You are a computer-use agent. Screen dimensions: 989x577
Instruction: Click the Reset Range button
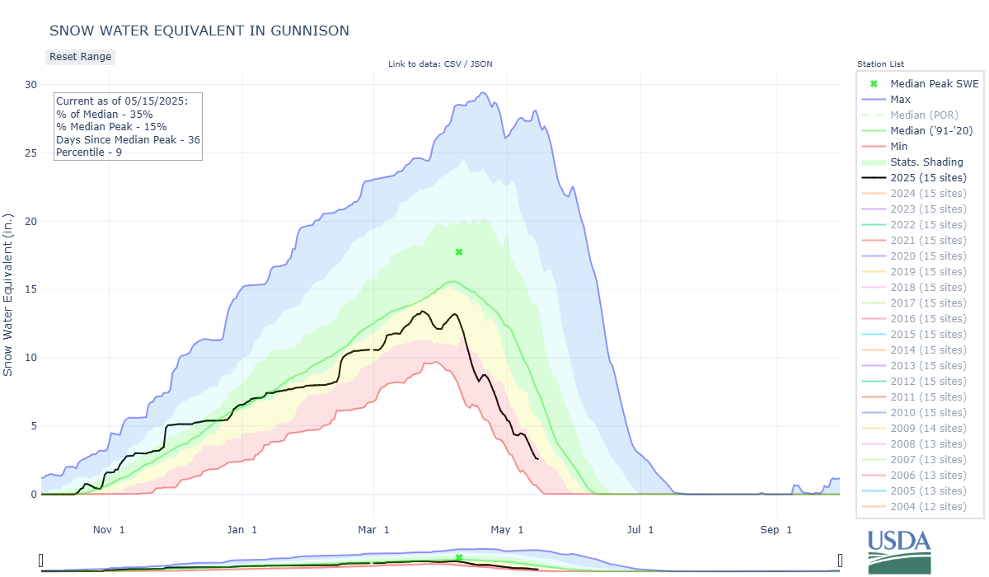(81, 57)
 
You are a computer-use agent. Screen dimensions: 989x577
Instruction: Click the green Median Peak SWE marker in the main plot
(459, 252)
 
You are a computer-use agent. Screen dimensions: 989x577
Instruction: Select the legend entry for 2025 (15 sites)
(914, 177)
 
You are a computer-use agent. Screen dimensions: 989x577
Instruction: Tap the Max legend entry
(886, 100)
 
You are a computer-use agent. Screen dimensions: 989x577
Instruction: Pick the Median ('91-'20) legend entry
(917, 131)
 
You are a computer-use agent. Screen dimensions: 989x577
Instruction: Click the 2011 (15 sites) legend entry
(914, 396)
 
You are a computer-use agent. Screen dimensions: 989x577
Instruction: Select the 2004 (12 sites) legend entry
(914, 506)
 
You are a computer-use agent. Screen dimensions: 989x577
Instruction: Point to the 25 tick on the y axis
(31, 153)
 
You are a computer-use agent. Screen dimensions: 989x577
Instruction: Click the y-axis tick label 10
(31, 358)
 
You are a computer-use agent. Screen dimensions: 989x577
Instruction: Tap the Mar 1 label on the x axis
(373, 530)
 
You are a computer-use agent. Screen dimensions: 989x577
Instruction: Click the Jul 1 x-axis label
(640, 530)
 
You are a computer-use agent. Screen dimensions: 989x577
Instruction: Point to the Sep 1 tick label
(776, 530)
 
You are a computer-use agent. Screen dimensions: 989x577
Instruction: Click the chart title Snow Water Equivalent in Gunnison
(199, 30)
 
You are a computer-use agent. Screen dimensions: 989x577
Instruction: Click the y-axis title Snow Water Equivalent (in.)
(7, 295)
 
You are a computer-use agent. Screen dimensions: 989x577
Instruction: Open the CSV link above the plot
(452, 64)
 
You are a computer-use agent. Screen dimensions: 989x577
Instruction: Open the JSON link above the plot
(481, 64)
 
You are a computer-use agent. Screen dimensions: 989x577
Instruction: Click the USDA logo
(899, 551)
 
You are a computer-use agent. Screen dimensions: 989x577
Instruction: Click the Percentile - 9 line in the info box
(89, 152)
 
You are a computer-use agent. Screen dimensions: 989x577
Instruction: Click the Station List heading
(880, 64)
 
